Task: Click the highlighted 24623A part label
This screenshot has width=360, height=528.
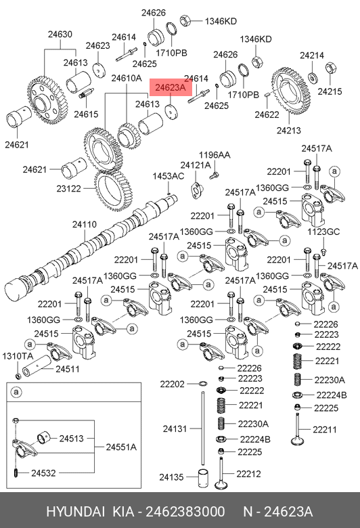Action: (171, 87)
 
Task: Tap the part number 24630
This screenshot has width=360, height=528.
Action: (60, 34)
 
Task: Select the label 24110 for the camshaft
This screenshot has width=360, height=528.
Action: (84, 224)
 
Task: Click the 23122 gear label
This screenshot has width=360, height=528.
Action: (69, 189)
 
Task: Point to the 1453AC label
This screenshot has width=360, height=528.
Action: (168, 176)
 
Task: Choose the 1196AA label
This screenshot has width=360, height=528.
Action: (215, 155)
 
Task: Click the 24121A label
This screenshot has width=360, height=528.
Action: (196, 165)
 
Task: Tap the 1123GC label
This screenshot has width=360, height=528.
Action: (323, 232)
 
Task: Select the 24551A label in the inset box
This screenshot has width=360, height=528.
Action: (121, 447)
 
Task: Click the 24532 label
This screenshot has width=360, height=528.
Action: (43, 472)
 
